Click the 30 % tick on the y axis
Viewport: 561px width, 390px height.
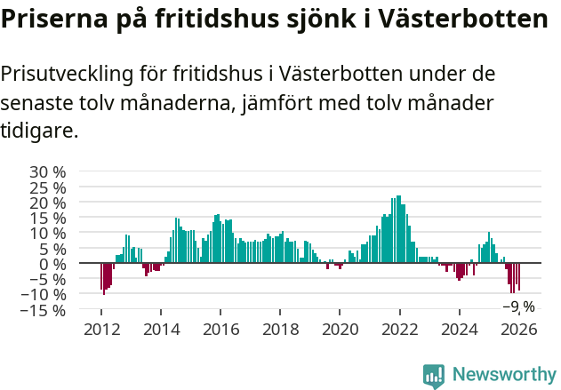click(x=47, y=171)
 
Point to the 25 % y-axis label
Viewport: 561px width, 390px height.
click(x=47, y=187)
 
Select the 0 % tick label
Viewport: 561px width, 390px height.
click(x=52, y=264)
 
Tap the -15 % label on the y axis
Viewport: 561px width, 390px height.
click(x=44, y=310)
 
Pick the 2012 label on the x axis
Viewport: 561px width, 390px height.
click(x=101, y=329)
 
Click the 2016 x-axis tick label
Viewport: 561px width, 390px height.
click(x=221, y=329)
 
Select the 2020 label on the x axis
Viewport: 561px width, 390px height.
click(x=340, y=329)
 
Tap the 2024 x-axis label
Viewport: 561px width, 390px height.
click(x=460, y=329)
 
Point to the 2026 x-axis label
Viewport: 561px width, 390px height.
click(x=519, y=329)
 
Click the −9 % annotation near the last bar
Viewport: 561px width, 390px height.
click(x=518, y=306)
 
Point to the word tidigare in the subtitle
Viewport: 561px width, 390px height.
click(x=37, y=131)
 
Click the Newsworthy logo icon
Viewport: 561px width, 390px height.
click(x=434, y=376)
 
